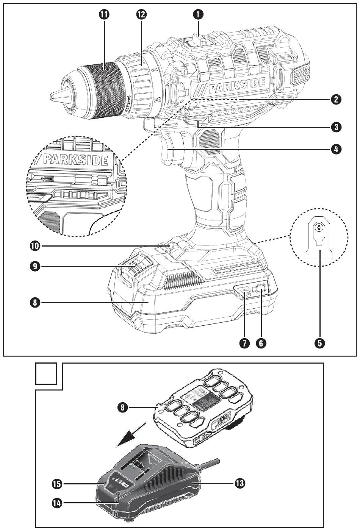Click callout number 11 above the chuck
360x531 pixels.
tap(103, 14)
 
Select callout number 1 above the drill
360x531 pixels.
tap(198, 14)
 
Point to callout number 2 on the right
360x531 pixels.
tap(335, 99)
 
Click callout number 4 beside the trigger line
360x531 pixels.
tap(335, 149)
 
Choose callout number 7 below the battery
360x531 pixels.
tap(244, 343)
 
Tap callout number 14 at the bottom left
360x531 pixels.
tap(57, 503)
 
